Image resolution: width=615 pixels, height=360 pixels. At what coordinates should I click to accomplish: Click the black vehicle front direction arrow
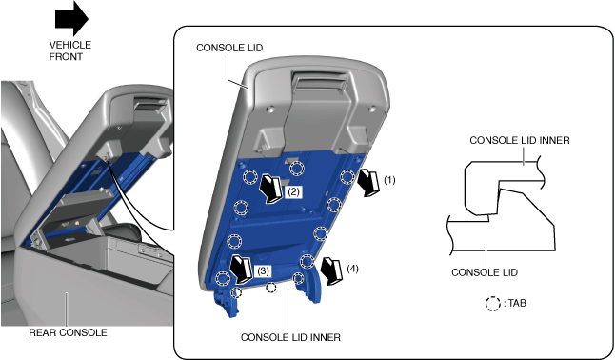(x=71, y=18)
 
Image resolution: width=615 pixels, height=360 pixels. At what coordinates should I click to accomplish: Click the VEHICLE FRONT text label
(x=69, y=50)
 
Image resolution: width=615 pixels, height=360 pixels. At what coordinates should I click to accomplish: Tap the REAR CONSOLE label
(x=68, y=332)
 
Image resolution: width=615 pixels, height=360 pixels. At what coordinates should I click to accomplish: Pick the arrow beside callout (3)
(x=241, y=270)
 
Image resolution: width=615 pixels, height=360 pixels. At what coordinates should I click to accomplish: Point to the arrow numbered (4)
(x=331, y=271)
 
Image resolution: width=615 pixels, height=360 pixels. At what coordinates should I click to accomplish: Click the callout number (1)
(x=389, y=180)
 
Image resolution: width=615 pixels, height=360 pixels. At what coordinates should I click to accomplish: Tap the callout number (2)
(x=293, y=192)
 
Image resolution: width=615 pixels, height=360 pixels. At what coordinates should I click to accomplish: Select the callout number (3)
(x=263, y=270)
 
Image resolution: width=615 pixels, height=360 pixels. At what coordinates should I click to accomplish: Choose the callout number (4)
(x=352, y=269)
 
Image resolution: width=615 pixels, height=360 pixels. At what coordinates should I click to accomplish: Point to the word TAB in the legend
(x=517, y=303)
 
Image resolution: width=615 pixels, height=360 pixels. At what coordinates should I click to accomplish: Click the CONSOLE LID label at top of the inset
(x=229, y=48)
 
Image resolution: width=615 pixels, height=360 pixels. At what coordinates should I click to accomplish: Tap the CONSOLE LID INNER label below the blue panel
(x=290, y=337)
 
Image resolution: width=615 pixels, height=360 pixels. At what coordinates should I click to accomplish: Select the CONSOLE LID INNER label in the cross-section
(x=520, y=140)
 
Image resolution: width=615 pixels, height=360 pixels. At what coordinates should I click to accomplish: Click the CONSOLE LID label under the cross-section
(x=485, y=272)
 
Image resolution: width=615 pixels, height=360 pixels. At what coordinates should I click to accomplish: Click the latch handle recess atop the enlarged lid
(x=319, y=81)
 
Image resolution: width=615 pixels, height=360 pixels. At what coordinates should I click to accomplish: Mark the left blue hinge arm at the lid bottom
(x=226, y=302)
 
